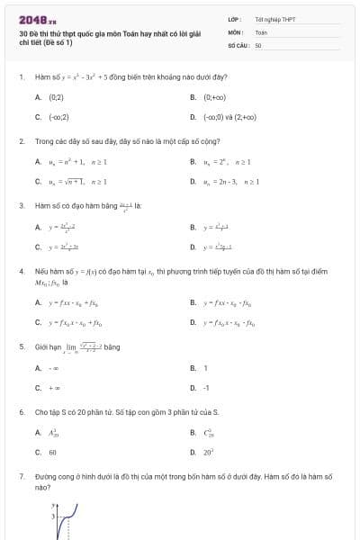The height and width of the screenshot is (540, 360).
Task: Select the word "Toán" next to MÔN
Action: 261,31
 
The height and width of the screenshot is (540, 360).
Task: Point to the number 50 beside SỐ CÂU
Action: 258,44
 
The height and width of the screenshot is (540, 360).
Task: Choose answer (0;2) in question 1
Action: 56,96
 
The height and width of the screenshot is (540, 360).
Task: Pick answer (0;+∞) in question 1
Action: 213,96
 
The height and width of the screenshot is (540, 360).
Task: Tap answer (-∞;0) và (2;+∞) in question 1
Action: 229,117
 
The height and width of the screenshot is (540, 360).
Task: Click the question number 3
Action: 21,205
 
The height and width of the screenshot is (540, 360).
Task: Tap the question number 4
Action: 21,270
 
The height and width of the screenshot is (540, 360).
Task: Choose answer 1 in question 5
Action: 205,368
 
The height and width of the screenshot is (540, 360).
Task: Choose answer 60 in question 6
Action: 52,453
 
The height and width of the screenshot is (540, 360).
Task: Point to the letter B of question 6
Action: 193,433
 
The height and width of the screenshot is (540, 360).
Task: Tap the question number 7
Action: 21,474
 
